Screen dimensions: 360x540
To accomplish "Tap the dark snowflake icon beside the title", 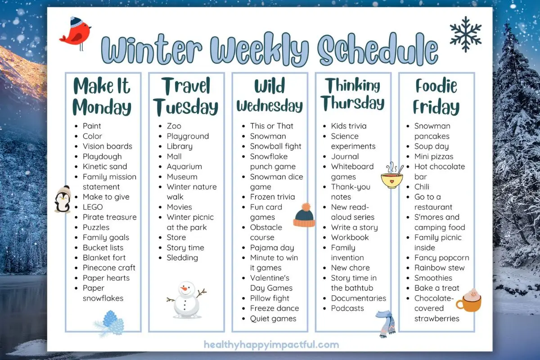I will coord(465,34).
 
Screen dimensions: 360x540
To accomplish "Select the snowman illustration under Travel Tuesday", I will coord(185,299).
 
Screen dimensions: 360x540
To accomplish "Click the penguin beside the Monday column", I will coord(63,199).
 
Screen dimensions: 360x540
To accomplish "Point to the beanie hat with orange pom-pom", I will coord(304,215).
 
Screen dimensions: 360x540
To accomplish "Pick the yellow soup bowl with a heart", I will coord(391,176).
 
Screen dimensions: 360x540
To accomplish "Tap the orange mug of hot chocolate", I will coord(469,301).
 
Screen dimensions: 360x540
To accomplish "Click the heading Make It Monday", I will coord(102,97).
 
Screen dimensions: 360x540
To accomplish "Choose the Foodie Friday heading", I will coord(436,97).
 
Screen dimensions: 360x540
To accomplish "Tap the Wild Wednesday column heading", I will coord(270,97).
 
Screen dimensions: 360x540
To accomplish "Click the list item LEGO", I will coord(93,207).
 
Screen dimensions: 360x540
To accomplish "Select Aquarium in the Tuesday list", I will coord(184,166).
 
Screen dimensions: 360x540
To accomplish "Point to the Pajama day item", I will coord(272,247).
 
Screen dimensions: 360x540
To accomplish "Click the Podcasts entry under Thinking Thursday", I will coord(347,308).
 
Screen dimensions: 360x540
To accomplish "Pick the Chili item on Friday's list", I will coord(422,187).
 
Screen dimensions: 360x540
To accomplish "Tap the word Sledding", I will coord(182,258).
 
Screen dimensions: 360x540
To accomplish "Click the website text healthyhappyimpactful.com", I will coord(271,345).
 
